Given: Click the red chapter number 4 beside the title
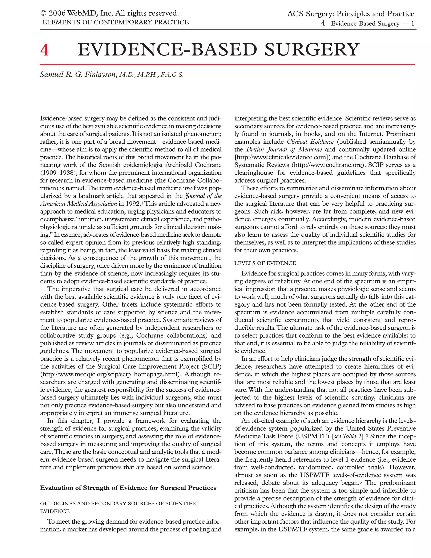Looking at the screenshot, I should click(44, 50).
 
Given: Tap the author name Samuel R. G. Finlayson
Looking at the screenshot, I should click(78, 74).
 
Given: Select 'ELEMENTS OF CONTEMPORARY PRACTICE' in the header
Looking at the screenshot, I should click(116, 23).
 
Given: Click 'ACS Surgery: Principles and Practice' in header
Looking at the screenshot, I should click(351, 14).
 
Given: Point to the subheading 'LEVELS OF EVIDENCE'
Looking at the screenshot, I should click(265, 263).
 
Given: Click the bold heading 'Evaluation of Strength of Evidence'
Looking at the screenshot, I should click(128, 488).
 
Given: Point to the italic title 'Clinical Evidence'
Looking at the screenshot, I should click(310, 142).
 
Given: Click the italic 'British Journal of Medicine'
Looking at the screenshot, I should click(284, 150).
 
